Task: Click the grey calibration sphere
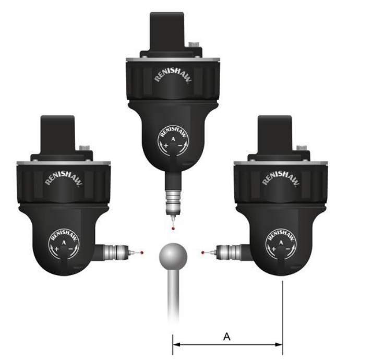173,256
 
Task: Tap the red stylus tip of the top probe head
173,228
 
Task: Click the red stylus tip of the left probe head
142,253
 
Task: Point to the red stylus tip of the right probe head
203,253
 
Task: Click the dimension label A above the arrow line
226,336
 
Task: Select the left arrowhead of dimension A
176,344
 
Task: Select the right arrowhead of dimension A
279,344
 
